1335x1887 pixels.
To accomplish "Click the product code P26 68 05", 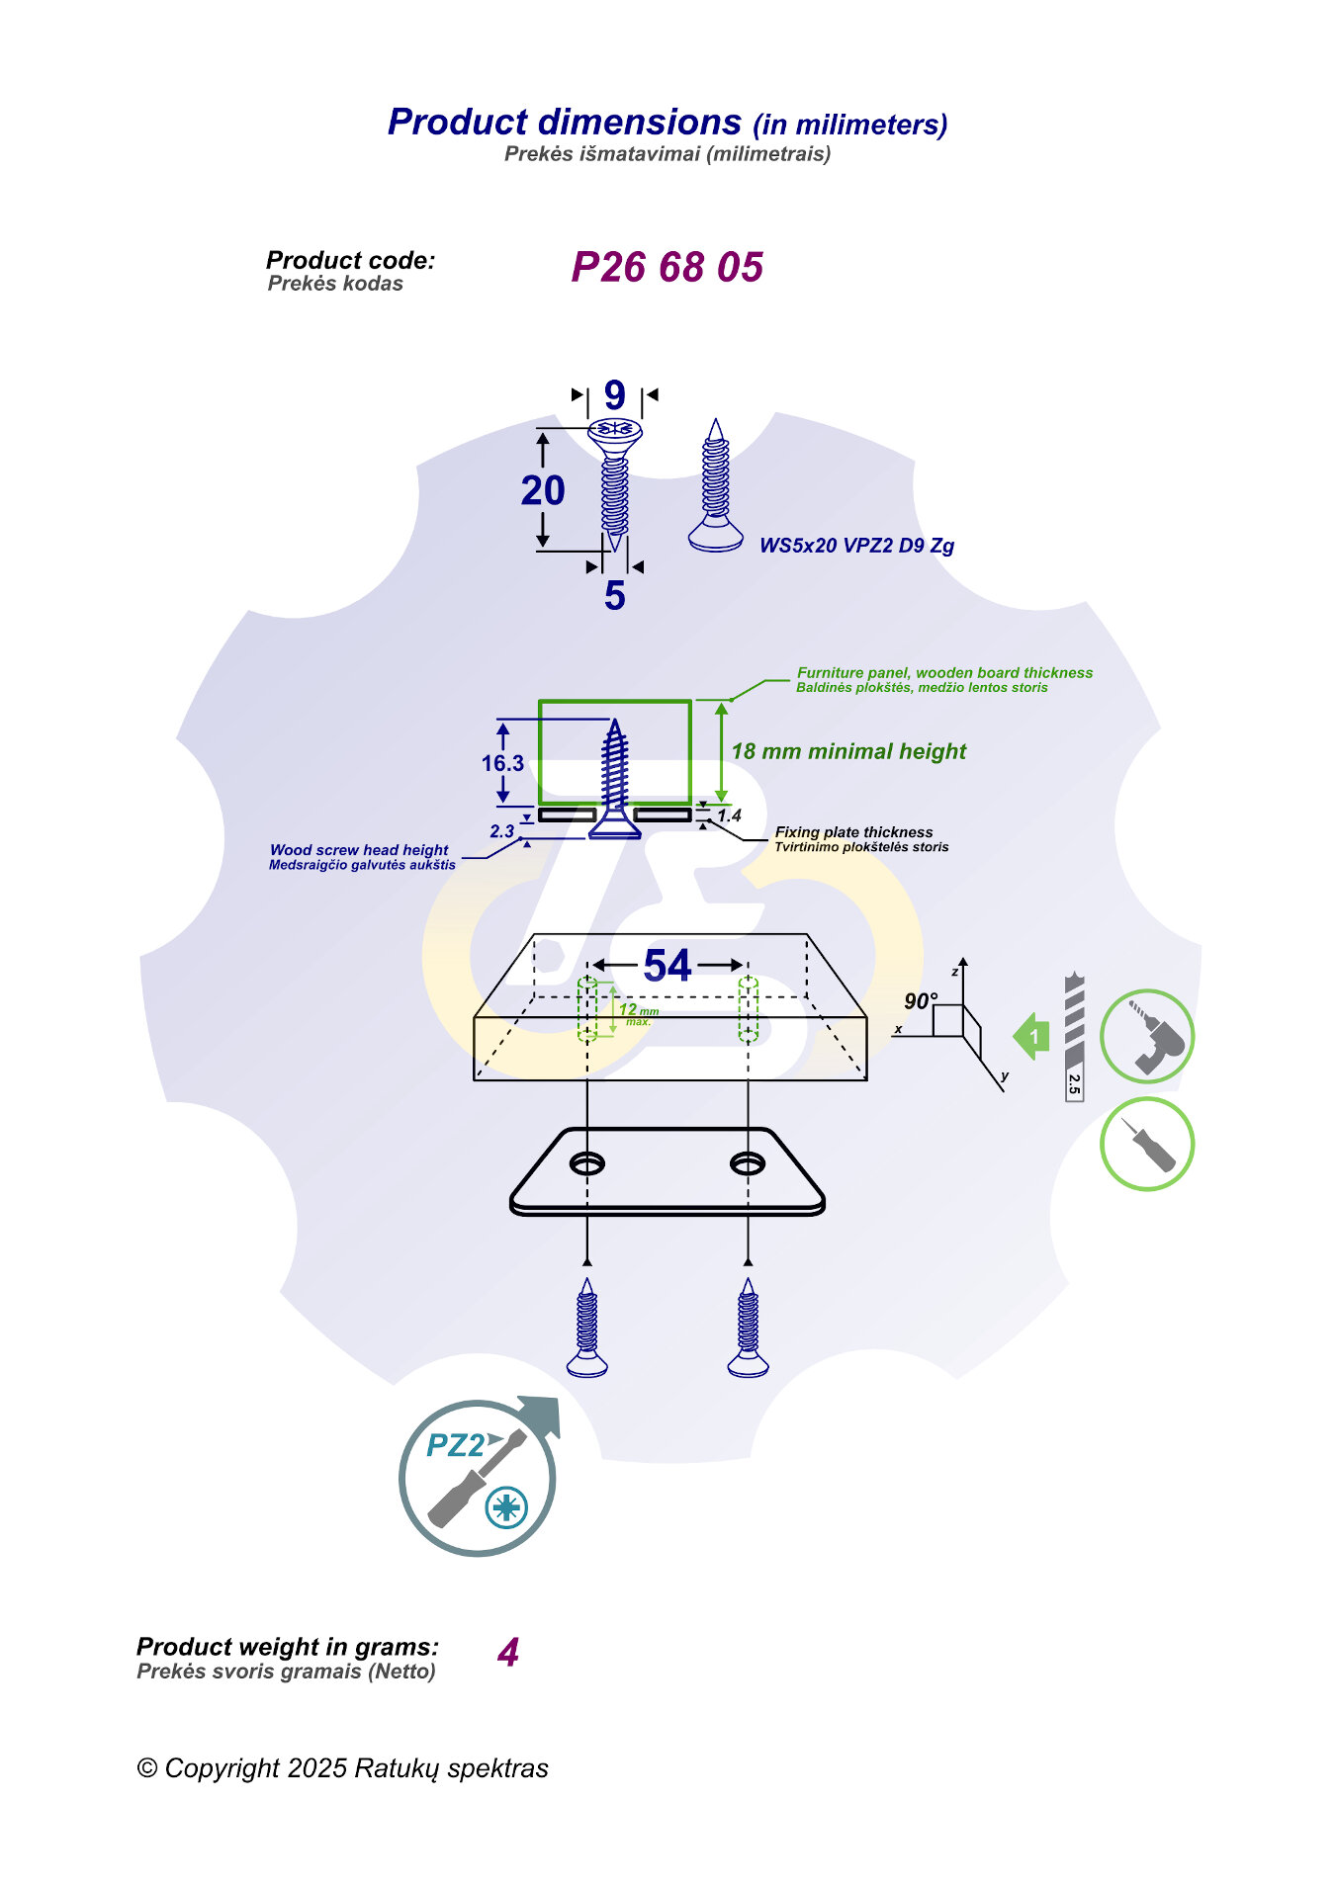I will point(667,267).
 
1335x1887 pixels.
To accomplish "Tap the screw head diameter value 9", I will point(614,395).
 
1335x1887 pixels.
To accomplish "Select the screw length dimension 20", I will point(543,490).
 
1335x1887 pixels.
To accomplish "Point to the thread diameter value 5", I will point(614,595).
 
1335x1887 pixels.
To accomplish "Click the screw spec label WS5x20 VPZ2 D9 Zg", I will point(856,546).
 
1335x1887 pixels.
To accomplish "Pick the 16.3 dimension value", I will point(502,763).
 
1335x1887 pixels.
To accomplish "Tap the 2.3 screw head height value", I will point(501,831).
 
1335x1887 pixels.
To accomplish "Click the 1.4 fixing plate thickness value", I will point(729,815).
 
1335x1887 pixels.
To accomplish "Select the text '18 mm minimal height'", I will point(848,751).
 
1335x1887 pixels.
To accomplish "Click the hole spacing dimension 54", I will point(667,966).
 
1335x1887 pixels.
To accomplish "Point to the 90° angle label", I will point(920,1001).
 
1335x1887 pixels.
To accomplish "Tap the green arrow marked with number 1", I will point(1032,1036).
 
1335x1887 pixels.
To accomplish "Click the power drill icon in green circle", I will point(1147,1036).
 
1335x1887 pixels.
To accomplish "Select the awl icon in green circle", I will point(1147,1144).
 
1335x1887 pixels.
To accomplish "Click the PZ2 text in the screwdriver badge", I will point(455,1445).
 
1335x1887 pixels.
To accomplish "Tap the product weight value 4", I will point(508,1653).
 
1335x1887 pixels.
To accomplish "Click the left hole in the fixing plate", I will point(587,1163).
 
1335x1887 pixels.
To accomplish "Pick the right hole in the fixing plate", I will point(748,1163).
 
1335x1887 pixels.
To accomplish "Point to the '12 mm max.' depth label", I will point(638,1013).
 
